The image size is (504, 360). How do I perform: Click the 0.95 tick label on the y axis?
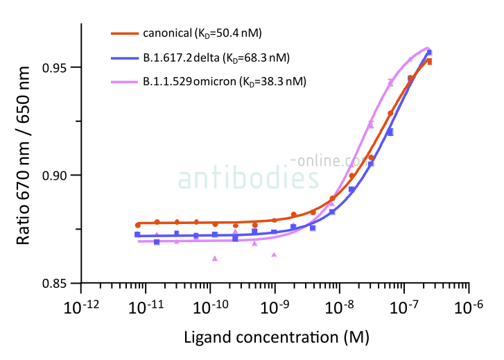pyautogui.click(x=58, y=67)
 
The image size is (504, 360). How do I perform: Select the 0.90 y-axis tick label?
pyautogui.click(x=58, y=175)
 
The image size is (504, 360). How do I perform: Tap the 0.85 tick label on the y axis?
pyautogui.click(x=58, y=283)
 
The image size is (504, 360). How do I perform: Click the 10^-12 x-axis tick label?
pyautogui.click(x=82, y=307)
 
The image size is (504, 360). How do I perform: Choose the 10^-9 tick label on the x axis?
pyautogui.click(x=276, y=307)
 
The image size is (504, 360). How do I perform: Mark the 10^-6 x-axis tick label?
pyautogui.click(x=469, y=307)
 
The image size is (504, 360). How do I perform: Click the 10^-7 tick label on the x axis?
pyautogui.click(x=405, y=307)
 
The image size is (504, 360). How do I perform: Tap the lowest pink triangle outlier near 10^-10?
pyautogui.click(x=215, y=258)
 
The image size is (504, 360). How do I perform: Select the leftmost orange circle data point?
pyautogui.click(x=137, y=225)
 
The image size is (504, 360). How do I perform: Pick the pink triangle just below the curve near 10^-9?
pyautogui.click(x=274, y=255)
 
